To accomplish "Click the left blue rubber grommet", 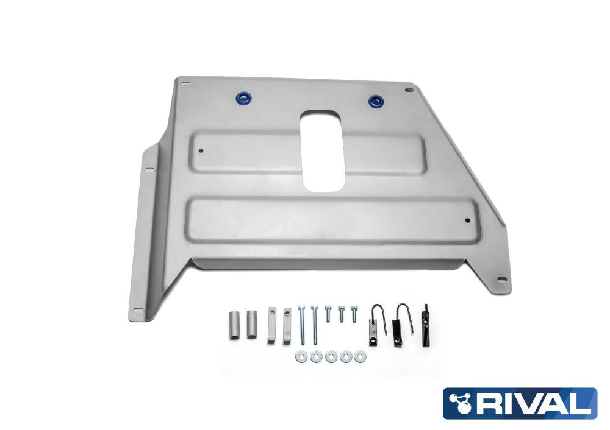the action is point(245,98).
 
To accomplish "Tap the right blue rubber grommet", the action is point(375,101).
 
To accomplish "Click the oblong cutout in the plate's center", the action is point(322,150).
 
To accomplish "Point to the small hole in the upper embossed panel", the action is point(201,150).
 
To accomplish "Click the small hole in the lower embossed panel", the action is point(468,220).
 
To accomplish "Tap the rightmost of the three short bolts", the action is point(354,314).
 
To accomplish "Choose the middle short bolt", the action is point(341,314).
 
